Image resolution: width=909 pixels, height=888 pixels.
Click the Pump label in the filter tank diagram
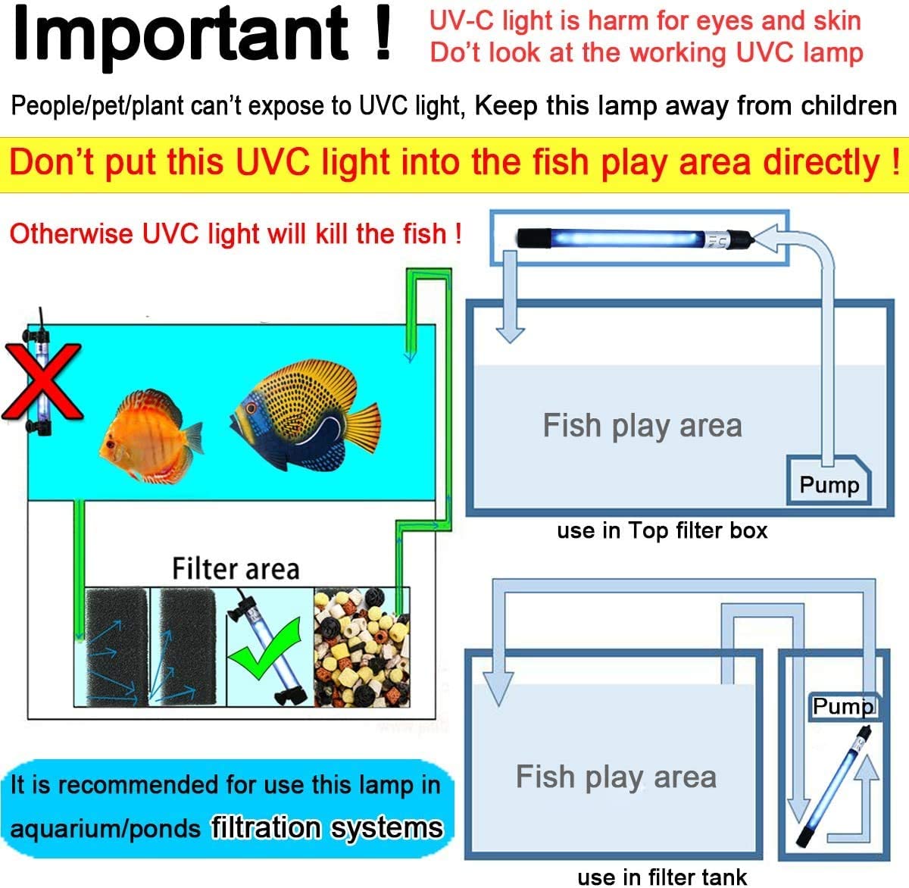tap(842, 706)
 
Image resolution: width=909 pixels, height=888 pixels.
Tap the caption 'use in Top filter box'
tap(662, 530)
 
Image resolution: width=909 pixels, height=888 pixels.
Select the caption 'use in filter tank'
tap(662, 877)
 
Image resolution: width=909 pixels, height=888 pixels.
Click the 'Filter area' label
tap(236, 568)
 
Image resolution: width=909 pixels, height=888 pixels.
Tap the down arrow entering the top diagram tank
tap(510, 326)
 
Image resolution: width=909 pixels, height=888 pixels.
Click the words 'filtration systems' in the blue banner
tap(327, 827)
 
